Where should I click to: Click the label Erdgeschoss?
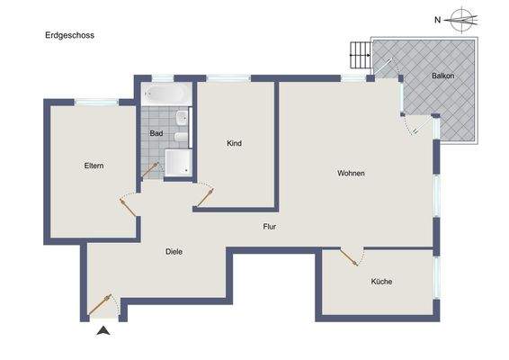click(x=69, y=35)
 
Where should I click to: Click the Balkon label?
click(x=442, y=76)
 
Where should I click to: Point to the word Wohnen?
click(x=351, y=173)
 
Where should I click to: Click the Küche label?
click(x=381, y=282)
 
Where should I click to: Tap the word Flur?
click(x=269, y=227)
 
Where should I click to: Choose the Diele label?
click(x=174, y=252)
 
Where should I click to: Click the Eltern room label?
click(x=94, y=166)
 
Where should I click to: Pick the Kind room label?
click(x=234, y=143)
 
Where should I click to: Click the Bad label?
click(x=156, y=133)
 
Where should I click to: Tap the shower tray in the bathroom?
click(x=177, y=162)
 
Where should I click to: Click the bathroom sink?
click(x=183, y=117)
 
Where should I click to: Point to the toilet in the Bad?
click(x=180, y=137)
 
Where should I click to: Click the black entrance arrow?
click(x=103, y=331)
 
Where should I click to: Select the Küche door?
click(x=349, y=257)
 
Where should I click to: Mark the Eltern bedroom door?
click(x=128, y=204)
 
